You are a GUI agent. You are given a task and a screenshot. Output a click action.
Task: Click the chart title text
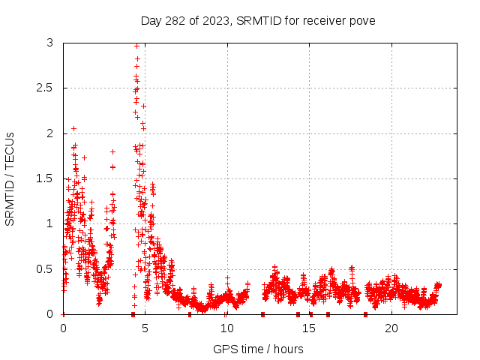[258, 20]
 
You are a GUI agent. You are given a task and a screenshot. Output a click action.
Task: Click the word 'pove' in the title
[361, 20]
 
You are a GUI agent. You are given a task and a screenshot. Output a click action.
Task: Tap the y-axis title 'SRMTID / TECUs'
[10, 178]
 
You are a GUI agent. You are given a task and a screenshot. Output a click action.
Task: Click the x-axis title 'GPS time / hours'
[258, 349]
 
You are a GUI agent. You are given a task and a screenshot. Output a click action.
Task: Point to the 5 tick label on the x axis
[145, 328]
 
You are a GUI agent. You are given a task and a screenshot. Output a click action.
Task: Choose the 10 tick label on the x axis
[226, 328]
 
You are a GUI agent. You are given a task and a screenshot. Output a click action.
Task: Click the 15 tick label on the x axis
[309, 328]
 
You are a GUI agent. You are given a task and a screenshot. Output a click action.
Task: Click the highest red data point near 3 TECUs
[136, 46]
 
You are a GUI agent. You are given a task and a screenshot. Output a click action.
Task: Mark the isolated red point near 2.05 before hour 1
[73, 128]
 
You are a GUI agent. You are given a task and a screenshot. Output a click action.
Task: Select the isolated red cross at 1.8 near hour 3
[112, 151]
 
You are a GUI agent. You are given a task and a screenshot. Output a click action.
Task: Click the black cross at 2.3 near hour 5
[143, 106]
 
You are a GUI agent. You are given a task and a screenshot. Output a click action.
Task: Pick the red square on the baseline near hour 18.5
[365, 313]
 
